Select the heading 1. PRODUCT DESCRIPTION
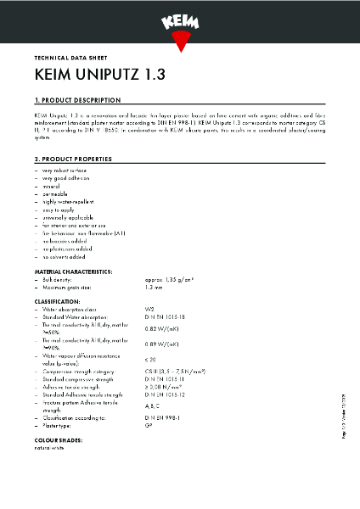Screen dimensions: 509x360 pos(77,100)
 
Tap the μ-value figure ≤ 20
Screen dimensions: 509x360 pos(151,361)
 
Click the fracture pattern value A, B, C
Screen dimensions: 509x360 pos(154,406)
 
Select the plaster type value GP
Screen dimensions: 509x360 pos(149,425)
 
